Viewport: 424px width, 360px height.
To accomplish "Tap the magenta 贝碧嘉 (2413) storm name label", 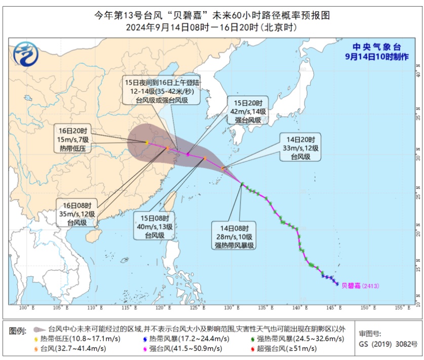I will (360, 286).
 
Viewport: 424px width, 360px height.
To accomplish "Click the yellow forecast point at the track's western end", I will (146, 143).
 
